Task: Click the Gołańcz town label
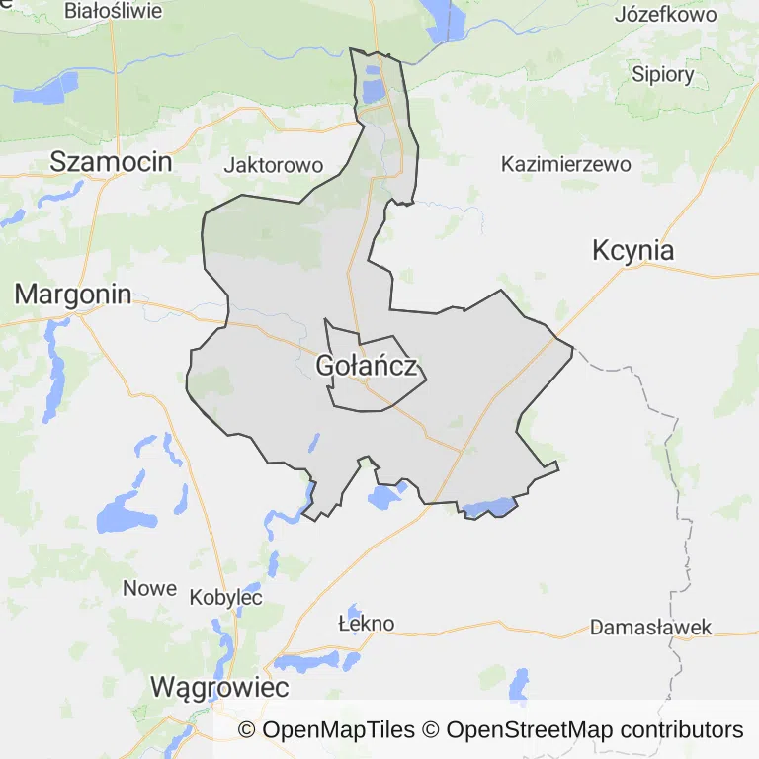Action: click(x=371, y=367)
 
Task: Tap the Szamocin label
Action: click(x=112, y=162)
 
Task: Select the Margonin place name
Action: click(x=73, y=294)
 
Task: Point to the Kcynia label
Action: click(x=633, y=250)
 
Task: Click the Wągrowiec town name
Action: click(x=219, y=687)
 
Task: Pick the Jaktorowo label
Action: click(x=274, y=165)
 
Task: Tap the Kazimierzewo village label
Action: click(x=565, y=164)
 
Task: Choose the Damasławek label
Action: click(x=650, y=628)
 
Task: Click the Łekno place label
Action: click(x=366, y=624)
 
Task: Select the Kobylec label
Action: click(x=225, y=597)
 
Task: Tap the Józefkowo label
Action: click(x=665, y=15)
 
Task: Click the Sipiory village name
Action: click(x=663, y=74)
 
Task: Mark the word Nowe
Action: click(x=149, y=588)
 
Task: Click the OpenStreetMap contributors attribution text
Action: click(x=595, y=730)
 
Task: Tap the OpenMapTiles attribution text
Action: click(x=326, y=730)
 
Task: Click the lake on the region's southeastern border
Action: click(x=489, y=508)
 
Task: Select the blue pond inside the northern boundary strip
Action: click(x=373, y=91)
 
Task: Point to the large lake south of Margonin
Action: click(x=123, y=515)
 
